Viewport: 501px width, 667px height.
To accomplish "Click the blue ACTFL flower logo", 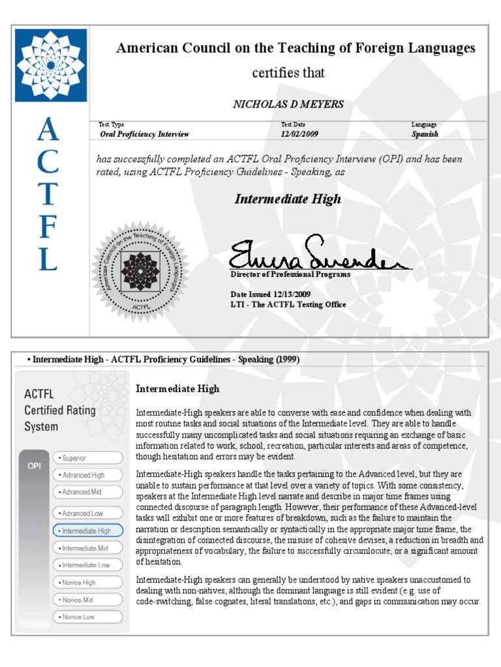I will click(x=51, y=65).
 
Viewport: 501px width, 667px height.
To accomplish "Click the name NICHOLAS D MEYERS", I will click(x=288, y=104).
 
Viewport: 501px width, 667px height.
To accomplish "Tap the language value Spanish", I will click(x=425, y=134).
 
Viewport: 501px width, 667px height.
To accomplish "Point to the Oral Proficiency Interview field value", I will click(x=144, y=134).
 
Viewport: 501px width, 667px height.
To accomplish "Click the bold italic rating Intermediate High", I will click(x=288, y=199).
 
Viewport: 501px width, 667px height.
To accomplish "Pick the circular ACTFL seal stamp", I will click(x=140, y=271).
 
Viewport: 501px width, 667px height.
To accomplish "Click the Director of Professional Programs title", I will click(x=290, y=274).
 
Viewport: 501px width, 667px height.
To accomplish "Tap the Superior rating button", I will click(x=87, y=458).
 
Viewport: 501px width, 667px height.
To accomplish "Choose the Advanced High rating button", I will click(x=87, y=475).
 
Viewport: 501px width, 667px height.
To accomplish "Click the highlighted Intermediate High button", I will click(x=87, y=531).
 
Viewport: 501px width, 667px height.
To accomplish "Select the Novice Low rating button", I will click(x=87, y=616).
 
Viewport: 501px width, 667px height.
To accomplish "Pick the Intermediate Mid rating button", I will click(x=87, y=548).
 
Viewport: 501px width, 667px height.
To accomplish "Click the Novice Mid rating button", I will click(x=87, y=599).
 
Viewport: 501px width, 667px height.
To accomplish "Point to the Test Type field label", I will click(x=112, y=124).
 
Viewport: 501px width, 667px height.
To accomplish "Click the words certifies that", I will click(x=288, y=73).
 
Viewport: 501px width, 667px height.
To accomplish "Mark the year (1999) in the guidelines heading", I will click(x=286, y=360).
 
